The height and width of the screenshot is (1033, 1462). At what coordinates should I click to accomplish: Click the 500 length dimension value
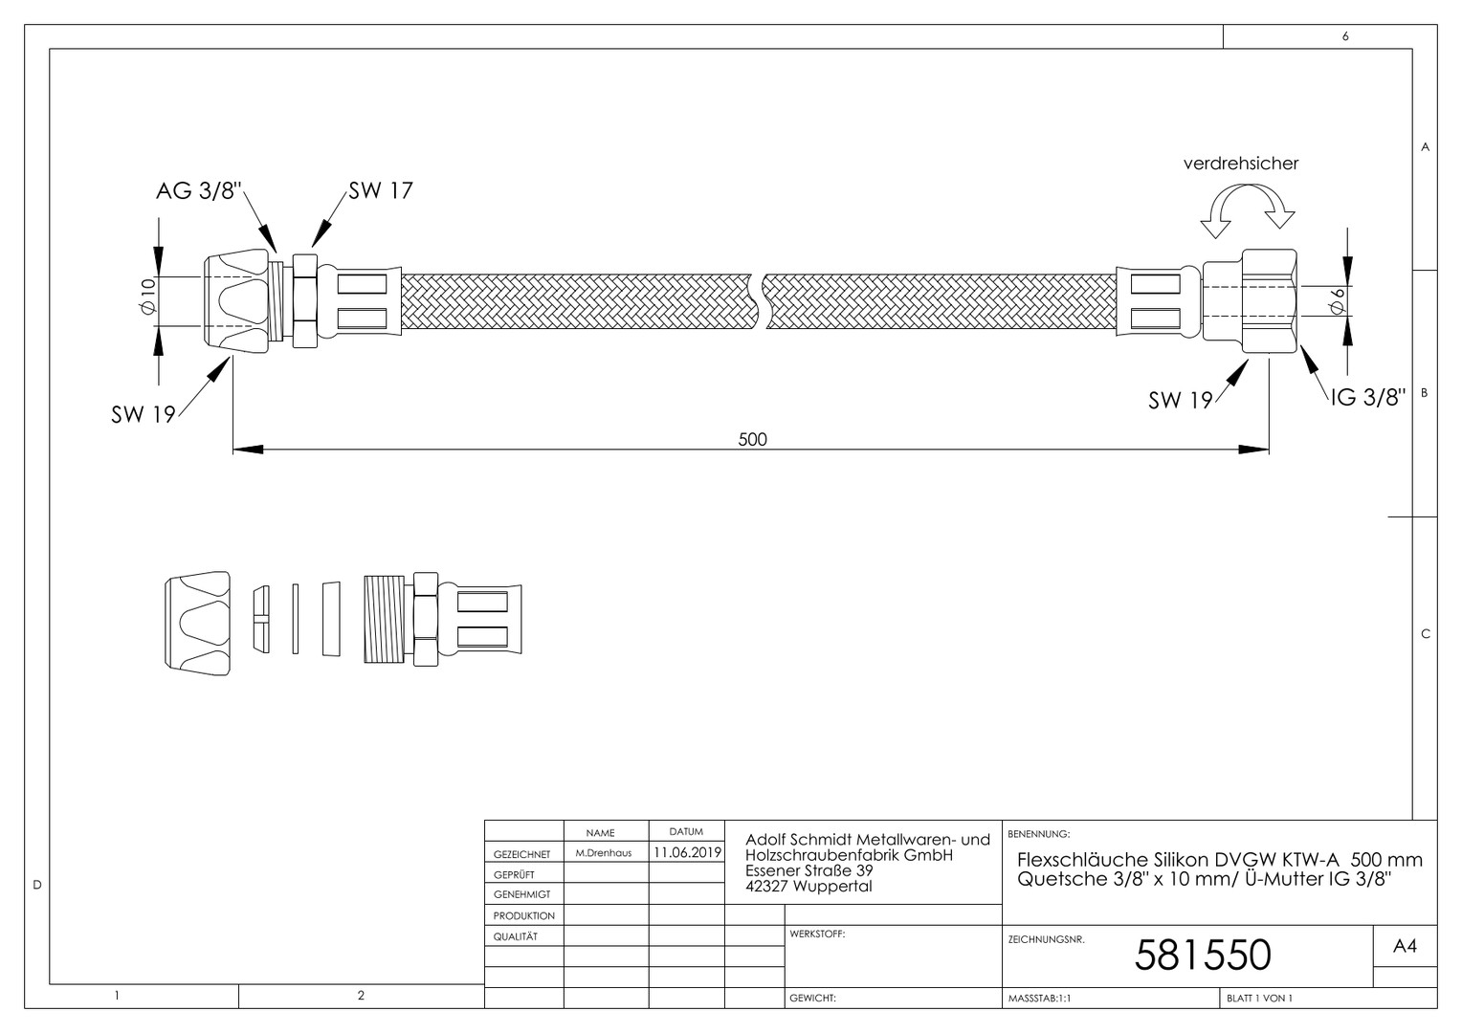pos(752,439)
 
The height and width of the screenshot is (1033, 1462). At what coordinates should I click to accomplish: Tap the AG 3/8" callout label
pos(198,191)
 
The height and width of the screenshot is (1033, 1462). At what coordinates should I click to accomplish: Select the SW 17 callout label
pos(381,190)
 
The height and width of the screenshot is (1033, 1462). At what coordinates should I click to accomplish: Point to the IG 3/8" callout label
pos(1368,397)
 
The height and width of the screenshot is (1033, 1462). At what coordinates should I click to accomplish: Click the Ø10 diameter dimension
pos(149,297)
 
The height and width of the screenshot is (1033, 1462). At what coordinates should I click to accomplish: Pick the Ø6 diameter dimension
pos(1338,301)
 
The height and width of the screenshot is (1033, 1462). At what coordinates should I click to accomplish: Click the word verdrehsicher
pos(1241,164)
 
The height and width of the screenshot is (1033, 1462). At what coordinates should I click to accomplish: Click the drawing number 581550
pos(1203,956)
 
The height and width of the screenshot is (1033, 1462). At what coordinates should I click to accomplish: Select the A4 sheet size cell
pos(1405,946)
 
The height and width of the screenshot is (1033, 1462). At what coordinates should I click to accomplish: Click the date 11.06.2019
pos(687,852)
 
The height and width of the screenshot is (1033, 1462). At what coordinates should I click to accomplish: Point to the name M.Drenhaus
pos(603,853)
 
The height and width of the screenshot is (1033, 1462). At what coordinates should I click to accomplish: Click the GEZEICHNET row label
pos(521,854)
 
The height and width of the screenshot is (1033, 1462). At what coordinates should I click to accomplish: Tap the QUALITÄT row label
pos(515,936)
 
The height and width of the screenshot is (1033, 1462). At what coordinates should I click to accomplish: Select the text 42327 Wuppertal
pos(809,886)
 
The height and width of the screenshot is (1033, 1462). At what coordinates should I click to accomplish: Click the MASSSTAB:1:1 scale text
pos(1039,999)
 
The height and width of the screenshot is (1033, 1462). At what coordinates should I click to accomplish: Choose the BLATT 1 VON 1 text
pos(1259,999)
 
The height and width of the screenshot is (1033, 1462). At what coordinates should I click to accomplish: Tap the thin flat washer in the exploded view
pos(295,619)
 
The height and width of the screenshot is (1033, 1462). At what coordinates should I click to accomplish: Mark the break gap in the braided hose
pos(758,301)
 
